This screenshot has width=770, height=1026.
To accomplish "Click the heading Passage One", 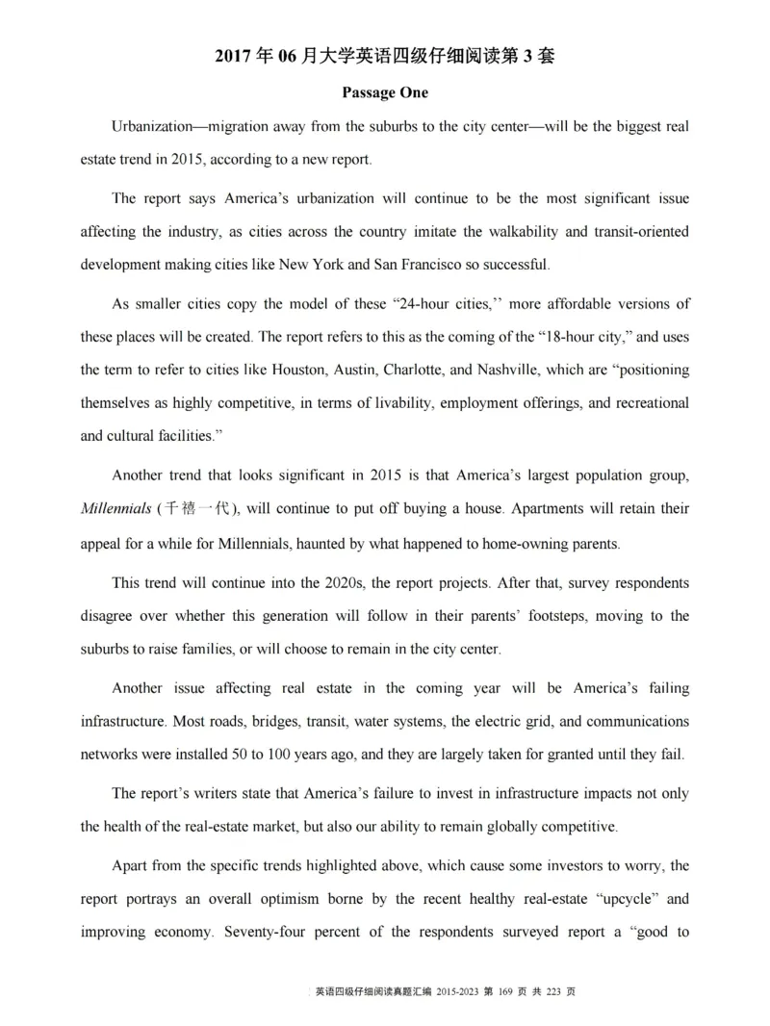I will (x=385, y=93).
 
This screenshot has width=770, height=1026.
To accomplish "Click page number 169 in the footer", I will (x=507, y=991).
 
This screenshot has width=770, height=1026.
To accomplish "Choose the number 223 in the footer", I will (x=555, y=991).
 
